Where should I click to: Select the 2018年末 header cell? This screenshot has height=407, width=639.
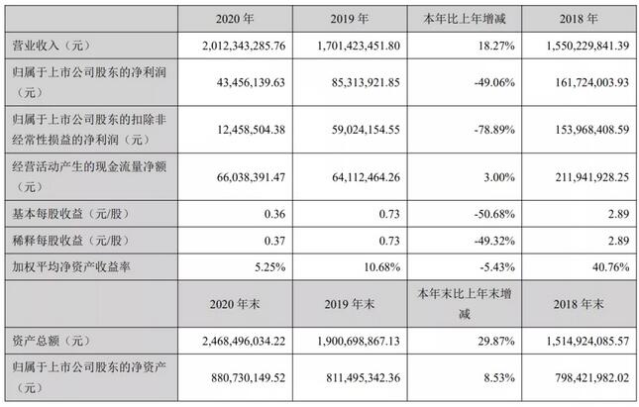click(x=578, y=304)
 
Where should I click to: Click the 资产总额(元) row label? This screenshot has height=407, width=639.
click(x=49, y=340)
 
